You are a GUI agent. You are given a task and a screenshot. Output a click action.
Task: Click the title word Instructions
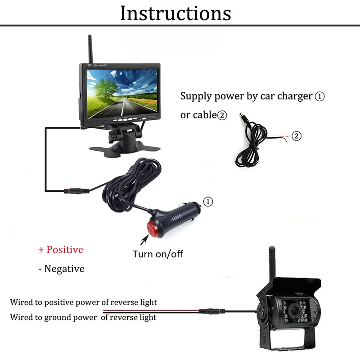tap(175, 13)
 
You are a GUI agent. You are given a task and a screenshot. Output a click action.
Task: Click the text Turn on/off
tap(157, 254)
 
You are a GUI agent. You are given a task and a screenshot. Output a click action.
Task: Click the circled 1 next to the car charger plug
tap(208, 202)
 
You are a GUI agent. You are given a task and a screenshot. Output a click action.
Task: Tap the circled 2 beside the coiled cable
tap(296, 136)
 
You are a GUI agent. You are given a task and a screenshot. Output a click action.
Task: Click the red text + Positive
tap(61, 249)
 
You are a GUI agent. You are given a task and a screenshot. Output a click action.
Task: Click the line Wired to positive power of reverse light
tap(84, 302)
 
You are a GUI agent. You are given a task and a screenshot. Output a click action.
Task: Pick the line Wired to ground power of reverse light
tap(83, 317)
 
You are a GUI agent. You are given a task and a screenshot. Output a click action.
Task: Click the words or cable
tap(198, 115)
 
